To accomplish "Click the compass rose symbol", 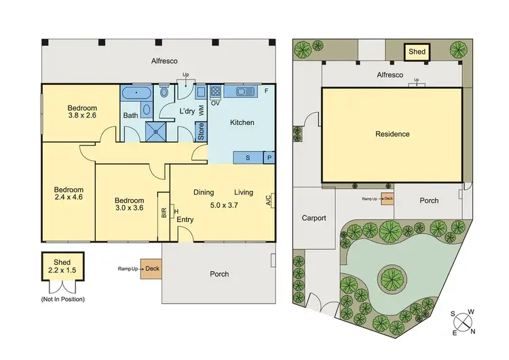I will click(465, 322).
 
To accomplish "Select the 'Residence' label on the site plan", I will click(392, 134).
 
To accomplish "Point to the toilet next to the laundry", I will click(164, 92).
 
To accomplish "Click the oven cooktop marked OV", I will click(216, 92).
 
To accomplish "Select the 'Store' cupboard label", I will click(201, 130).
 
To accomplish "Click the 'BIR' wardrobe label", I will click(164, 213).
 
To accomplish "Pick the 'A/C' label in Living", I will click(269, 200).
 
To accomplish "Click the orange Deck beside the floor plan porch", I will click(151, 269).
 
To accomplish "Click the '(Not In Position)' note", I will click(58, 299).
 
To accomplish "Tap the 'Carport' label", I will click(314, 218).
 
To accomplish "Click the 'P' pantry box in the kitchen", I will click(269, 158).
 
